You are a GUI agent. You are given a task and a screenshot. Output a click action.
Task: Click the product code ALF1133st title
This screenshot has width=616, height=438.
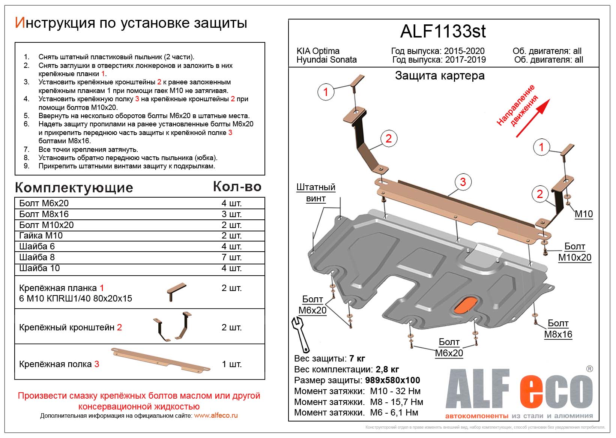443,31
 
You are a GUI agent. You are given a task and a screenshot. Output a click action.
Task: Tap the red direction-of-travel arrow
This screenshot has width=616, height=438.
533,118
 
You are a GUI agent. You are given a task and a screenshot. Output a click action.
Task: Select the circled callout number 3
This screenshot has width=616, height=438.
463,182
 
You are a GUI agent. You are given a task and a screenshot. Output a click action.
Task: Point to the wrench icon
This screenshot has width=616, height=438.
300,333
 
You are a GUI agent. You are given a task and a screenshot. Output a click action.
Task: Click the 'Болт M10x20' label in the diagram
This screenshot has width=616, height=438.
574,252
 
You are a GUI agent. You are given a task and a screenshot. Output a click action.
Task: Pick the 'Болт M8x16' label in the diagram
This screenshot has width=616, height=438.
558,328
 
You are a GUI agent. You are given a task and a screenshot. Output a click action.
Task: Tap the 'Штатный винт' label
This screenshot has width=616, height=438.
316,193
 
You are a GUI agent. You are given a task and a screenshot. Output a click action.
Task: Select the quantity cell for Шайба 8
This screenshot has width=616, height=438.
231,257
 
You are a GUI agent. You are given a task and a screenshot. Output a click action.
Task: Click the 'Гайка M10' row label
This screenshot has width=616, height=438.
41,235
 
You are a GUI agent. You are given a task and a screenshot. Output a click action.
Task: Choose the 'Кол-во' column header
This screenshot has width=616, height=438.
237,186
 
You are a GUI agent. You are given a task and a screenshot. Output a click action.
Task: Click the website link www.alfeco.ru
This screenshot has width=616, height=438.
216,415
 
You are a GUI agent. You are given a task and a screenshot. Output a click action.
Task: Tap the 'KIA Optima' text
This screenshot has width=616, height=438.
318,51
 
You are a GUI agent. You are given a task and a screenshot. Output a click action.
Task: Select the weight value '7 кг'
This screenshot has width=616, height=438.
357,358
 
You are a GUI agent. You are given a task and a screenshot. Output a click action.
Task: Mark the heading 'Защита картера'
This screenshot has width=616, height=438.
440,76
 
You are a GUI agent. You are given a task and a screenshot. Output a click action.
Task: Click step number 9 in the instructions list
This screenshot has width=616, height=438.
26,166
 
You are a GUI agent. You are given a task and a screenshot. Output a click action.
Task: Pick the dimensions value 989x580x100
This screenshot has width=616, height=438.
392,380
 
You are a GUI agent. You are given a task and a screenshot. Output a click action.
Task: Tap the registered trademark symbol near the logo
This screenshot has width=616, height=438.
589,369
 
